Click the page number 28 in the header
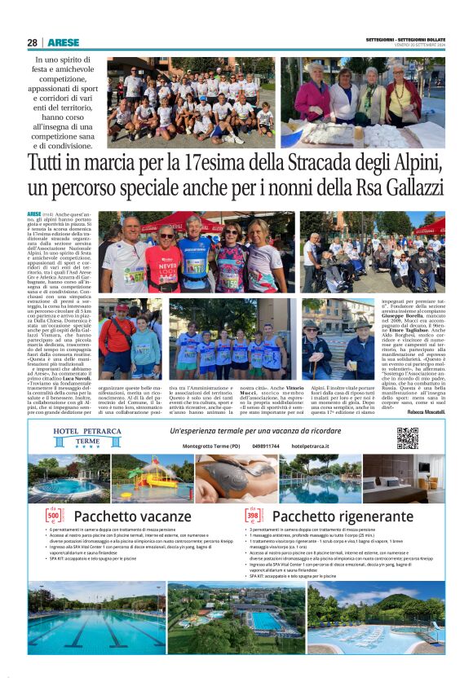pyautogui.click(x=32, y=42)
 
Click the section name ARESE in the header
pyautogui.click(x=63, y=42)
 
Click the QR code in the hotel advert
pyautogui.click(x=407, y=438)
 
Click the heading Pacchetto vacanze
pyautogui.click(x=132, y=517)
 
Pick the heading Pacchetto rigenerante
pyautogui.click(x=336, y=517)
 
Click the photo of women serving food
pyautogui.click(x=363, y=103)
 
